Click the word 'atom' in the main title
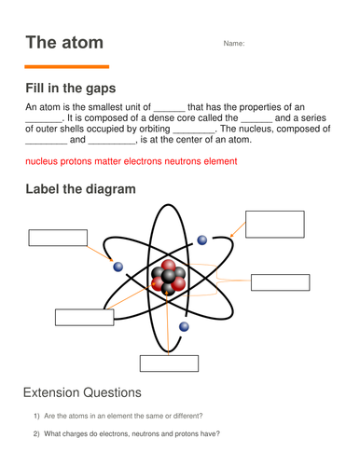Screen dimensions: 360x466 (79, 43)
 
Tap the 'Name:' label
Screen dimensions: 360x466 (233, 44)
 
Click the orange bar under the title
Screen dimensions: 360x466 (66, 67)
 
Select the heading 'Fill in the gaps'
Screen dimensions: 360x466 (71, 89)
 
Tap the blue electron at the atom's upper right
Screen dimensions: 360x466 (202, 240)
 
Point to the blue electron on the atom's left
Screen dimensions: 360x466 (118, 267)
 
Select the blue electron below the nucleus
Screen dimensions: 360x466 (184, 327)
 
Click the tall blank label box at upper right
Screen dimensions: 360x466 (275, 225)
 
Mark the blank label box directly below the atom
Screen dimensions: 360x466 (168, 363)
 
